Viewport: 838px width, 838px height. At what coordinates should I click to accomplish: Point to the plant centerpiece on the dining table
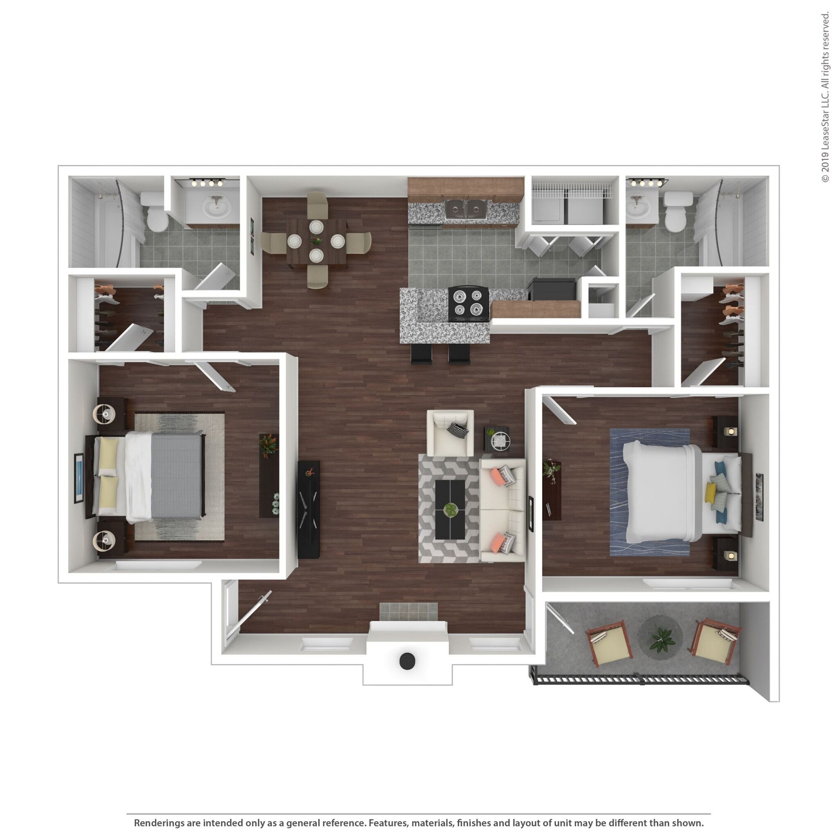316,240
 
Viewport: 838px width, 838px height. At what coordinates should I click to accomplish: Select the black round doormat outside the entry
407,660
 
